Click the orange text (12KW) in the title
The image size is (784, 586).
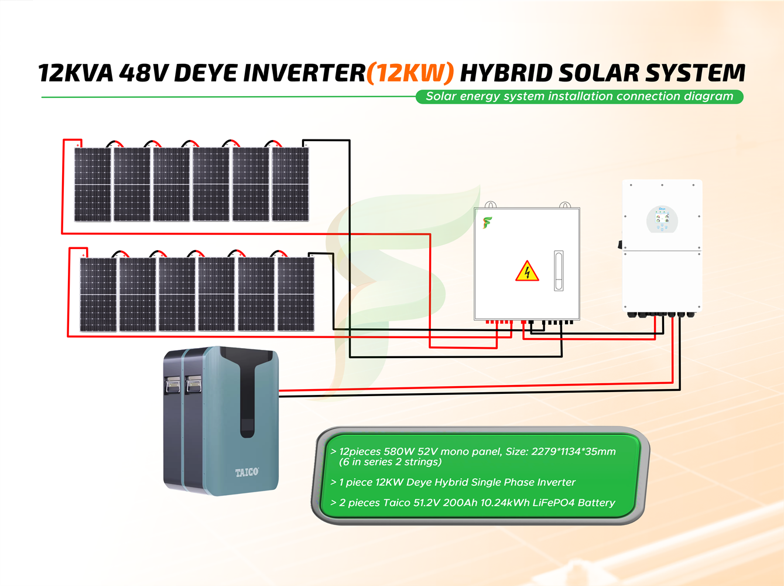(410, 73)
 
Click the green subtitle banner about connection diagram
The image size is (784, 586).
(579, 97)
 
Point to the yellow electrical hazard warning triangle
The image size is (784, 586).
(527, 272)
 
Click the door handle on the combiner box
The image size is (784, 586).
(559, 271)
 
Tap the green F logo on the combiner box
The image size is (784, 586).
(487, 223)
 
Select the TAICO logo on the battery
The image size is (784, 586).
(247, 472)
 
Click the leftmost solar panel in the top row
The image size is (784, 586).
(93, 184)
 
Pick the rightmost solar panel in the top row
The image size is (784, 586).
(290, 184)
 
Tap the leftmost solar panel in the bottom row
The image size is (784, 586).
(98, 294)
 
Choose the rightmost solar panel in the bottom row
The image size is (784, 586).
(296, 294)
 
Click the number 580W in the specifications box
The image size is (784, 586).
(399, 452)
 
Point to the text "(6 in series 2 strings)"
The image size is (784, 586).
(390, 462)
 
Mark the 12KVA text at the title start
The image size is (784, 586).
(76, 73)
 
